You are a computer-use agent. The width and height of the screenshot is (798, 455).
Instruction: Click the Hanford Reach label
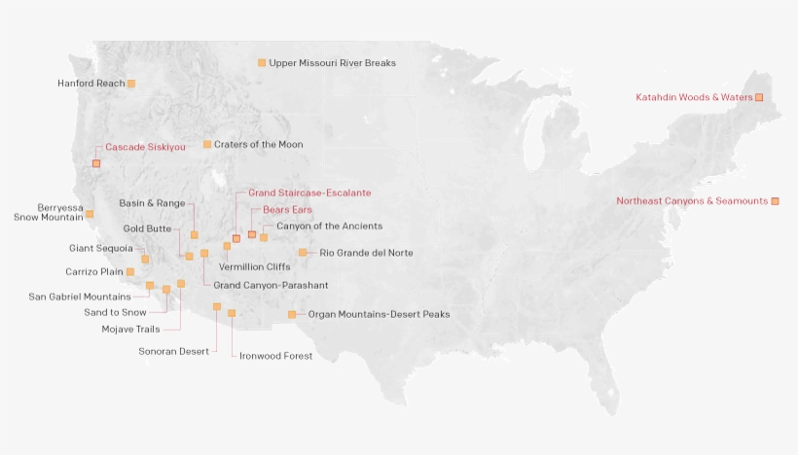click(x=91, y=84)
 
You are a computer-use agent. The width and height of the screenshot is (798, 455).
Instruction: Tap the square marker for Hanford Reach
click(x=131, y=84)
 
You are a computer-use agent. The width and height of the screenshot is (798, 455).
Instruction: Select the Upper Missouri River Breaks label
click(x=332, y=63)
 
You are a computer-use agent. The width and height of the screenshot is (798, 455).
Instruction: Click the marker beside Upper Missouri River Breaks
click(x=262, y=63)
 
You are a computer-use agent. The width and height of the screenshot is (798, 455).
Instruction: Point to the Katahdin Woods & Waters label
click(x=694, y=97)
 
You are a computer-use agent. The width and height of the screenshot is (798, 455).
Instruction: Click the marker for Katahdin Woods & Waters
click(x=759, y=97)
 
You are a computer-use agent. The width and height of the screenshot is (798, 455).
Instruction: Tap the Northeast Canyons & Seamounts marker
click(x=776, y=201)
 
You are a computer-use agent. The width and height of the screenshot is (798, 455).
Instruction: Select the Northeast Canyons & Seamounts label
click(x=692, y=201)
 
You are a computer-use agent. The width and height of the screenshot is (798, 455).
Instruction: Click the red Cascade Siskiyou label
click(x=145, y=147)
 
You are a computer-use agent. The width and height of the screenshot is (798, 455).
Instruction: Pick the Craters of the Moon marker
click(x=207, y=145)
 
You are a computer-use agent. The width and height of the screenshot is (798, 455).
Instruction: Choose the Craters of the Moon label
click(x=259, y=145)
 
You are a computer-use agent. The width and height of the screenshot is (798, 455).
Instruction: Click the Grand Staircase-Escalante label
click(x=309, y=193)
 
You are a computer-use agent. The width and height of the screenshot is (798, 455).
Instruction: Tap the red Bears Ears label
click(x=287, y=210)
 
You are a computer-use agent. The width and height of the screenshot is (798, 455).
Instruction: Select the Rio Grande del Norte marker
click(x=303, y=253)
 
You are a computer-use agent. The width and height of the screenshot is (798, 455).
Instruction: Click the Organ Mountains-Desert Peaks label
click(x=379, y=315)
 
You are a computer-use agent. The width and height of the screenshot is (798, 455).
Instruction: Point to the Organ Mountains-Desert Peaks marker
click(x=292, y=315)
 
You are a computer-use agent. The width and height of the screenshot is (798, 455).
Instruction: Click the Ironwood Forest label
click(x=276, y=356)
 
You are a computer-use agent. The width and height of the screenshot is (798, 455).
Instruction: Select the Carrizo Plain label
click(x=93, y=272)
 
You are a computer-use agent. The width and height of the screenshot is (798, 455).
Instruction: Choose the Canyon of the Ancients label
click(x=329, y=227)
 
